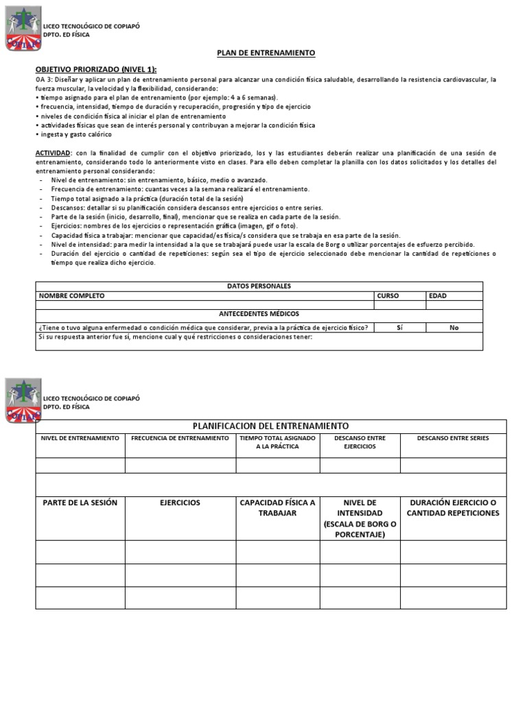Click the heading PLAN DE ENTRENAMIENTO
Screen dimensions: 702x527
(x=257, y=53)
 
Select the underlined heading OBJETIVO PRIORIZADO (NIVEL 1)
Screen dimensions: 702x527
(x=96, y=69)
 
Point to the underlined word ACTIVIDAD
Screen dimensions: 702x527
(x=53, y=152)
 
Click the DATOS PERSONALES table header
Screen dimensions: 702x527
(x=259, y=286)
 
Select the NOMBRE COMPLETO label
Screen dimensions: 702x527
(x=72, y=295)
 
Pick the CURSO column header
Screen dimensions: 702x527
(x=388, y=295)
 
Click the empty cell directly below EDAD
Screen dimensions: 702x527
(x=454, y=305)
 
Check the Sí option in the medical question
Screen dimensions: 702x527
(x=399, y=328)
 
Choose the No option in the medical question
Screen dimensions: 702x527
(x=454, y=328)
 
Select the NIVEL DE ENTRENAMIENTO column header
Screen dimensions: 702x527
(x=80, y=438)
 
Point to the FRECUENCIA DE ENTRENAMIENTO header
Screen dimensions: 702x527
(x=180, y=438)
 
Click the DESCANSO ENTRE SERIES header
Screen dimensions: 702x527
(x=453, y=438)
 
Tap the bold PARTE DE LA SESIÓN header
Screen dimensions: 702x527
(x=80, y=503)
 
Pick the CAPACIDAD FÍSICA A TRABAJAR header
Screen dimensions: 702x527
(x=277, y=508)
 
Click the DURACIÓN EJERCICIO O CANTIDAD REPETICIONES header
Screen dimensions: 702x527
(x=453, y=508)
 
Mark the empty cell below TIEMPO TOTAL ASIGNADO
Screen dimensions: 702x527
(x=277, y=465)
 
